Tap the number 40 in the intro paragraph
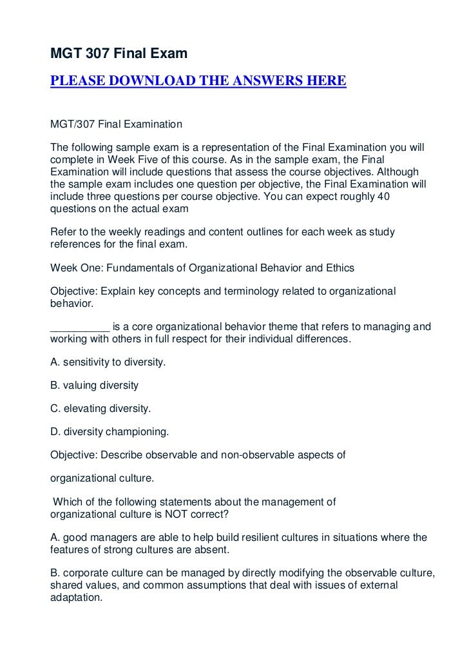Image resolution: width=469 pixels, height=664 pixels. coord(382,196)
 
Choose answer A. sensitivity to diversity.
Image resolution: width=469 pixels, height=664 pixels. coord(108,362)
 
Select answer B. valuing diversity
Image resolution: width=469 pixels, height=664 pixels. coord(94,386)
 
